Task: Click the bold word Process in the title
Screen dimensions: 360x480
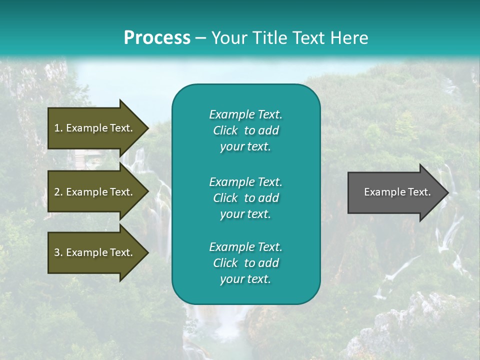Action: (157, 38)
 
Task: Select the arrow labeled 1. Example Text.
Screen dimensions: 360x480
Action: (95, 128)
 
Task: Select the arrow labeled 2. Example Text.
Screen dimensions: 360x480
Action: (95, 192)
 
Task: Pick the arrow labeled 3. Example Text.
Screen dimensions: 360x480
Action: (95, 252)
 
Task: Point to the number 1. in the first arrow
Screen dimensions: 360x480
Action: (58, 128)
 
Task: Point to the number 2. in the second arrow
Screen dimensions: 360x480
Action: (58, 192)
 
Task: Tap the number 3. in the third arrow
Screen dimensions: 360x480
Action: (58, 252)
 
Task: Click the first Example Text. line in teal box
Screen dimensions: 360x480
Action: (245, 114)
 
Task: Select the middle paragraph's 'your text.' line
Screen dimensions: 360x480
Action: (245, 214)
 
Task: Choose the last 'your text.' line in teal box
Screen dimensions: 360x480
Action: (245, 279)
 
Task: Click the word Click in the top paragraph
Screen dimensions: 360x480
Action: (225, 130)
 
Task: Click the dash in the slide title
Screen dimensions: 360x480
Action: (200, 38)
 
